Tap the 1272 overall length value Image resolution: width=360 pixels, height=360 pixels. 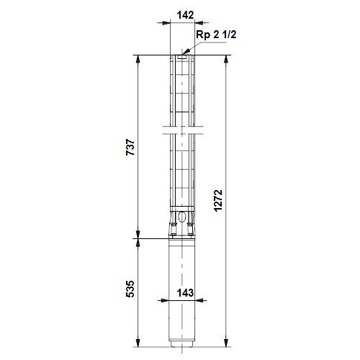[x=217, y=197]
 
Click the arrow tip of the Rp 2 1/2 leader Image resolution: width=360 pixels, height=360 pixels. [x=182, y=53]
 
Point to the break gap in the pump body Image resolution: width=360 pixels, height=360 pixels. [x=180, y=132]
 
